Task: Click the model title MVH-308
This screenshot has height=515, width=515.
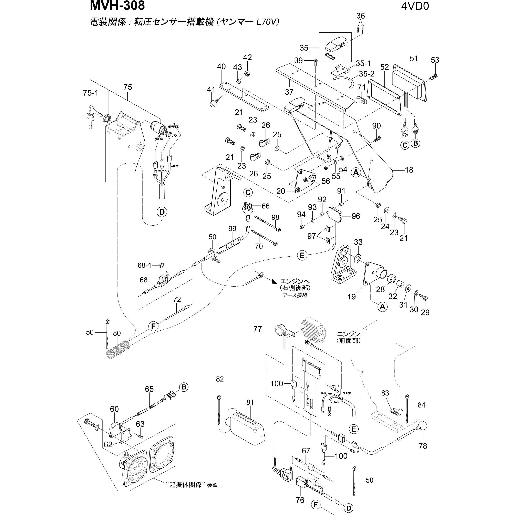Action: click(117, 6)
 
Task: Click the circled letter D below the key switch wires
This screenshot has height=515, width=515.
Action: click(162, 212)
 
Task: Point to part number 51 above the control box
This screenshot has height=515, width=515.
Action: click(413, 59)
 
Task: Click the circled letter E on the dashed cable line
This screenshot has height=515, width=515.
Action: click(302, 255)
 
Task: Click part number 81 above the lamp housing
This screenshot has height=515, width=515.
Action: click(250, 402)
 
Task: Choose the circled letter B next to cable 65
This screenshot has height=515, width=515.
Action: click(184, 387)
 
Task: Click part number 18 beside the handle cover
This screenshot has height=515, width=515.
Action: click(409, 170)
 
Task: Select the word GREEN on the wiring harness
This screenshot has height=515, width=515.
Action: click(335, 402)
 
